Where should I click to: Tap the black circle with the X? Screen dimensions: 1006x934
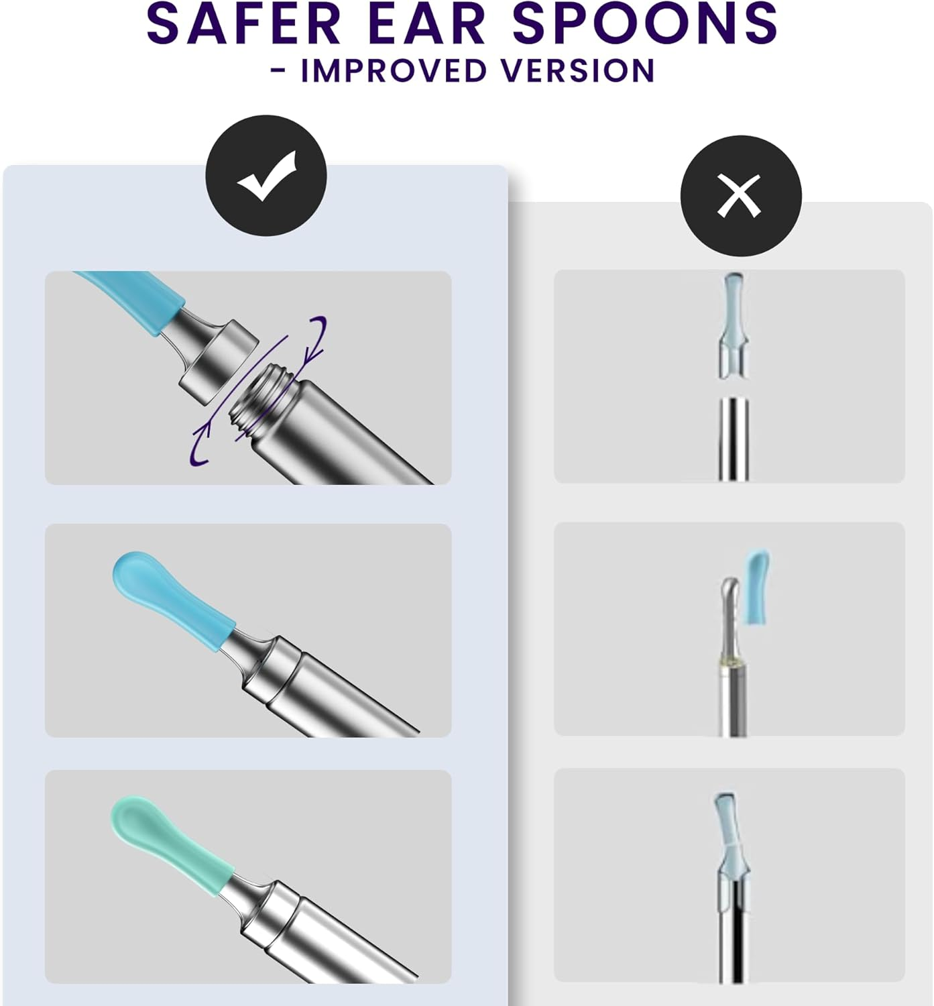click(740, 195)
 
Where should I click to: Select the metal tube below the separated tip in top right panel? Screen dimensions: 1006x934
click(734, 439)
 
